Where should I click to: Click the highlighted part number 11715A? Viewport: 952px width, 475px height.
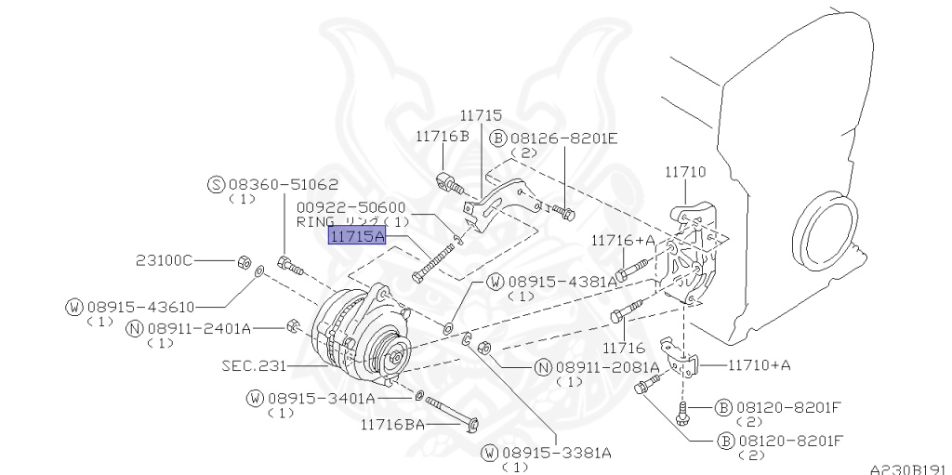pyautogui.click(x=356, y=237)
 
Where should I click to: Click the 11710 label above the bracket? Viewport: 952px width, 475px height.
pyautogui.click(x=685, y=172)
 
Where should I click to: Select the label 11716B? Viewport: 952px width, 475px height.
pyautogui.click(x=443, y=136)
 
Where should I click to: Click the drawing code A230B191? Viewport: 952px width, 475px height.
pyautogui.click(x=907, y=469)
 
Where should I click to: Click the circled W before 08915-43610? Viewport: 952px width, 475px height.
pyautogui.click(x=74, y=306)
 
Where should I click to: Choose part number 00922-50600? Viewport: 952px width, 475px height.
pyautogui.click(x=351, y=207)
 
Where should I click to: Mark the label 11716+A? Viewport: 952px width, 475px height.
pyautogui.click(x=623, y=240)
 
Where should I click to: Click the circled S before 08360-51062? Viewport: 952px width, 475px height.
pyautogui.click(x=217, y=184)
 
